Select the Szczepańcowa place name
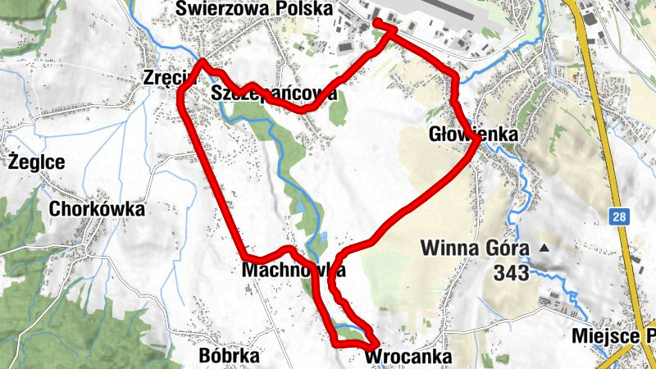pos(274,93)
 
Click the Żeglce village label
pos(36,162)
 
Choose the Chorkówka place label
pos(96,210)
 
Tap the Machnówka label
pos(294,270)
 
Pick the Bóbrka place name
pos(229,356)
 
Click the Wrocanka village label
pos(408,358)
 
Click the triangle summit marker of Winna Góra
pos(543,247)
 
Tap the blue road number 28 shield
pos(619,216)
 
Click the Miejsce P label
pos(613,336)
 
